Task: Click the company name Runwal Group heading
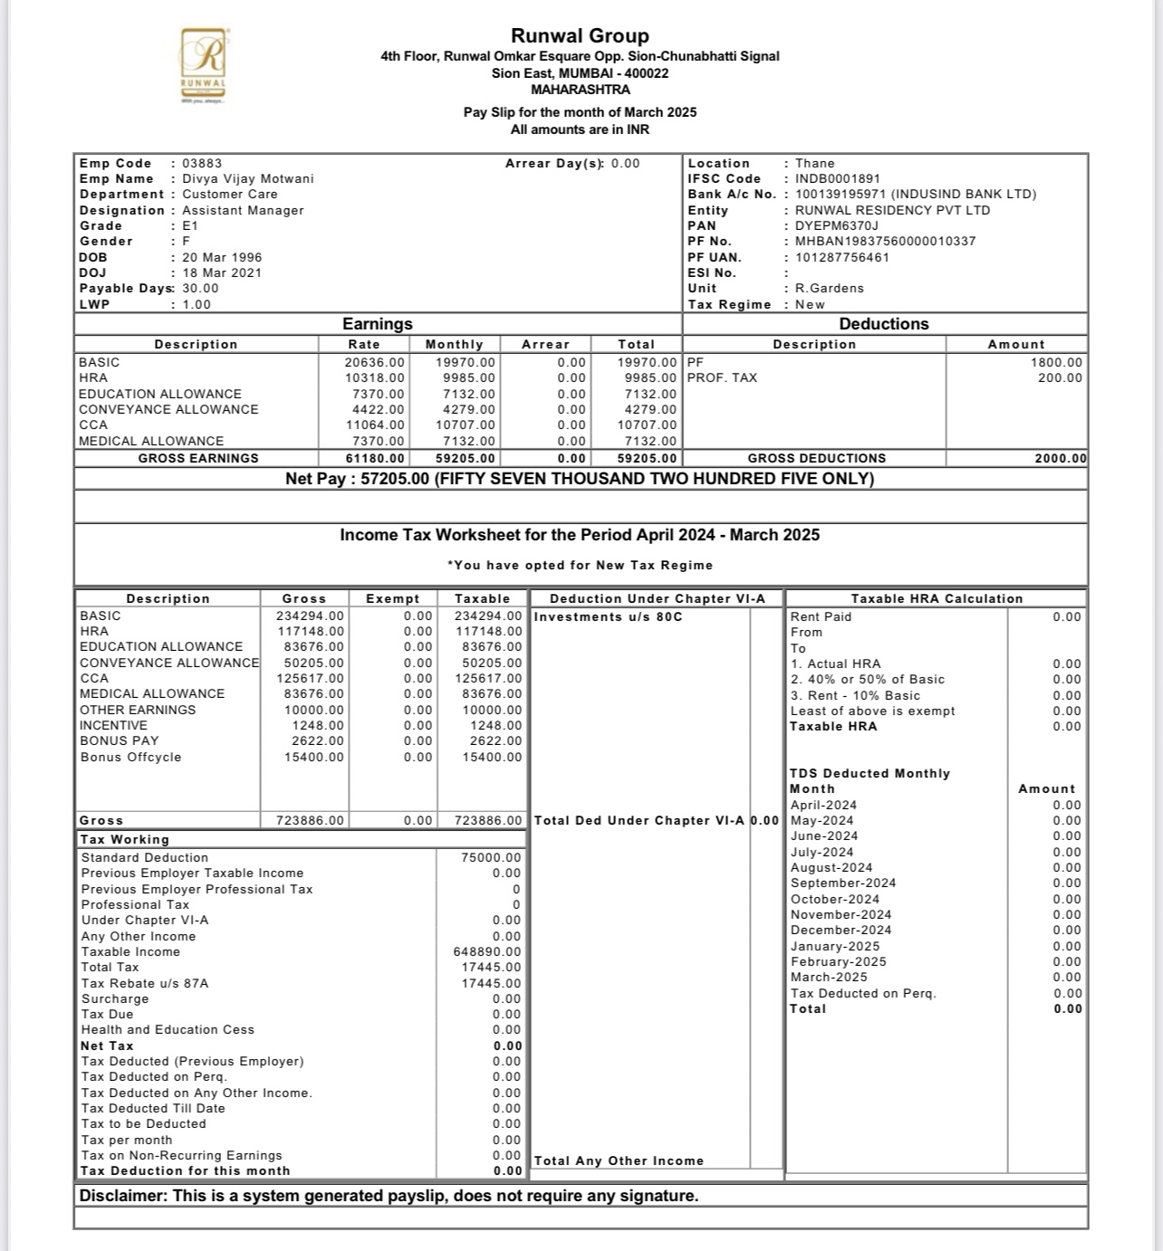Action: pyautogui.click(x=580, y=36)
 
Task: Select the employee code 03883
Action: pyautogui.click(x=202, y=164)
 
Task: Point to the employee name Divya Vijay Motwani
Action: pyautogui.click(x=248, y=179)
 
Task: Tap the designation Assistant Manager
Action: pyautogui.click(x=243, y=211)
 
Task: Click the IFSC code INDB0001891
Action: pyautogui.click(x=838, y=179)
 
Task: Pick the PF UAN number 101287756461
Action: pyautogui.click(x=842, y=257)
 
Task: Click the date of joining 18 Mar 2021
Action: pyautogui.click(x=222, y=273)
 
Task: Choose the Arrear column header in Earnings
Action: pyautogui.click(x=545, y=345)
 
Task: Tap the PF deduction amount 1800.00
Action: pyautogui.click(x=1056, y=362)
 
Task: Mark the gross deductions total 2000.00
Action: pyautogui.click(x=1061, y=459)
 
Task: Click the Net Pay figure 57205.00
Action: pyautogui.click(x=395, y=479)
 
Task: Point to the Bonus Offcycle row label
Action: pyautogui.click(x=130, y=758)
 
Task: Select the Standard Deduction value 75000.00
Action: pyautogui.click(x=491, y=858)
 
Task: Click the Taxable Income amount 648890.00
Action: pyautogui.click(x=487, y=952)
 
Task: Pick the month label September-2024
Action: pyautogui.click(x=843, y=883)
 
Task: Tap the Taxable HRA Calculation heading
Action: pyautogui.click(x=937, y=599)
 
